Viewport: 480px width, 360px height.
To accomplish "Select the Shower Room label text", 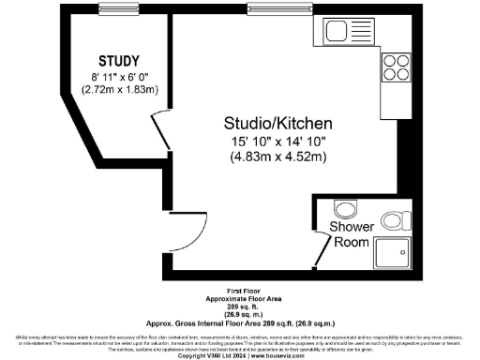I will [x=352, y=234].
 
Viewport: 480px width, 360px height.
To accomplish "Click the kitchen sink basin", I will [x=337, y=34].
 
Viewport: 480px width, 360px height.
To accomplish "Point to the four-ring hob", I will [x=395, y=68].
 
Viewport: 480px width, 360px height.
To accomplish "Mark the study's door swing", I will [x=159, y=129].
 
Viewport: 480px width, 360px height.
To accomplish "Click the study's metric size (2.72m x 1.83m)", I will [x=119, y=90].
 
